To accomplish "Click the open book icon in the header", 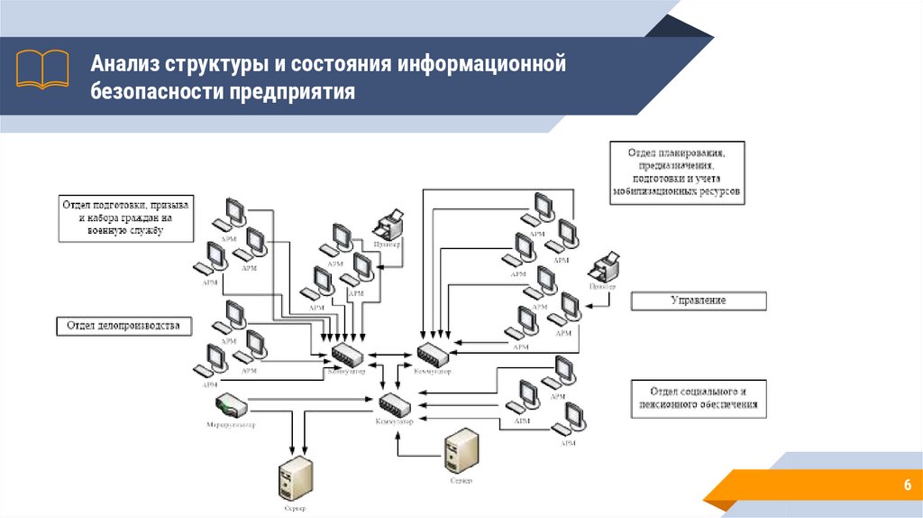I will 42,68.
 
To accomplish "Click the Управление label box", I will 698,301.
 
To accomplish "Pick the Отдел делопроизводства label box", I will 123,325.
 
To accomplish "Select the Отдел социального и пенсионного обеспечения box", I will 699,398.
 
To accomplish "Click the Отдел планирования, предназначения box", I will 676,170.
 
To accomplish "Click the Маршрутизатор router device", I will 231,404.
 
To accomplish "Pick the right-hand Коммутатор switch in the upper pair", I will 433,353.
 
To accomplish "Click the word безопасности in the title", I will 155,92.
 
